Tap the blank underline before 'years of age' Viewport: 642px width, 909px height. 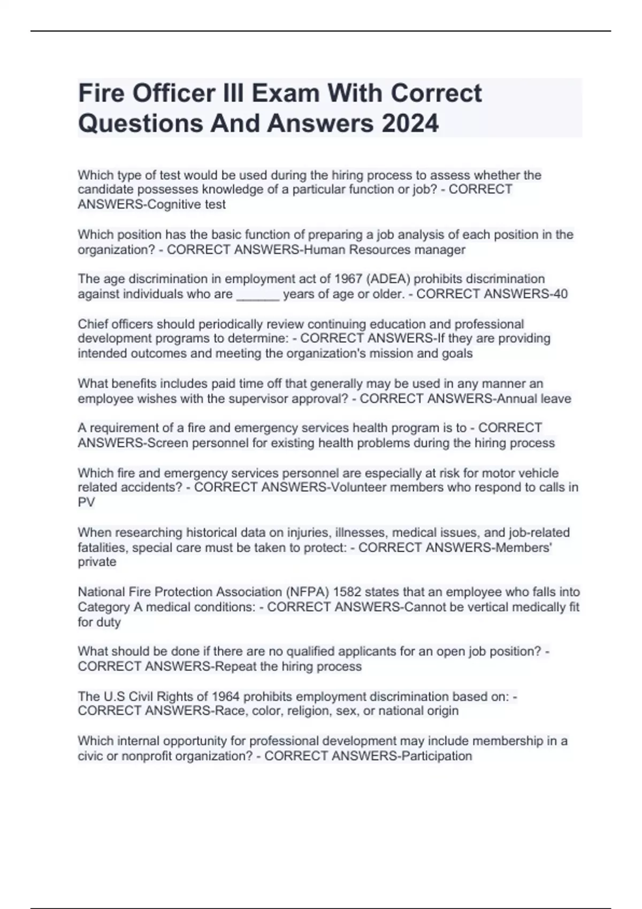tap(258, 295)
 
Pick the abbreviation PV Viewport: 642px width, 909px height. tap(86, 503)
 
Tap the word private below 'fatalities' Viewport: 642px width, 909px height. tap(97, 562)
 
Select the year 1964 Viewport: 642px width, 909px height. tap(225, 697)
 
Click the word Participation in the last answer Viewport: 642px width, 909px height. tap(437, 756)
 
